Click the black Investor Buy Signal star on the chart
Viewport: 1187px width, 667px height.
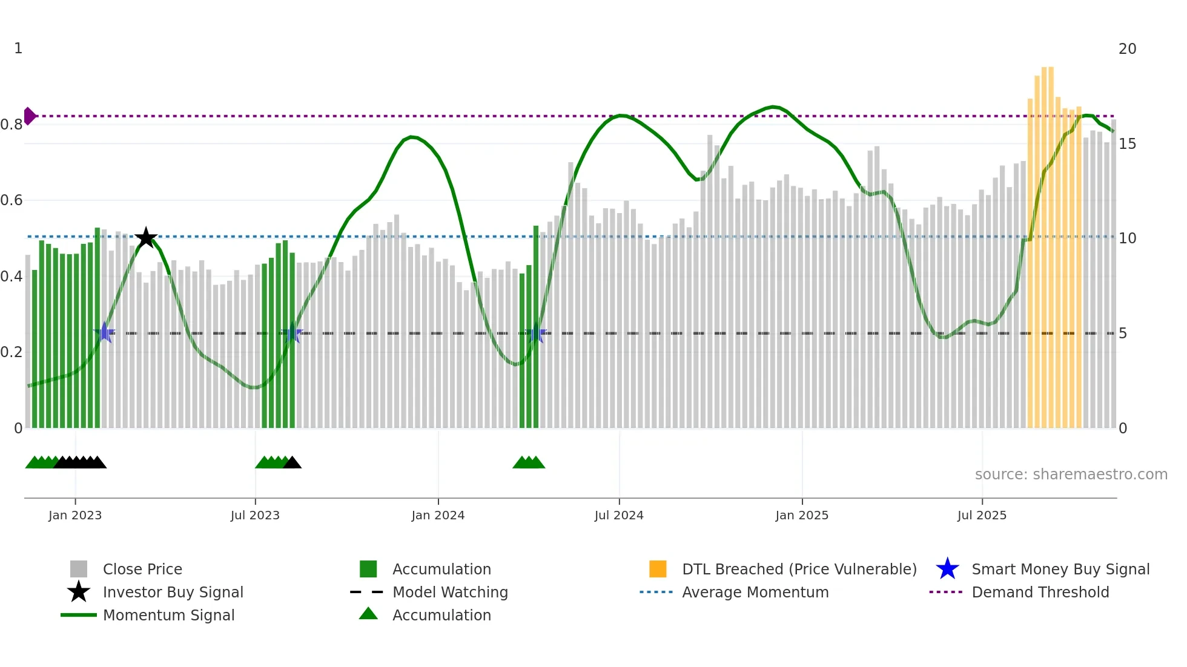(x=146, y=238)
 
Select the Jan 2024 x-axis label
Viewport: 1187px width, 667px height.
(x=438, y=516)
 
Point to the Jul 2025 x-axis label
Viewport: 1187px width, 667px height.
(x=982, y=516)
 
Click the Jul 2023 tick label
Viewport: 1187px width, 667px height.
(x=255, y=516)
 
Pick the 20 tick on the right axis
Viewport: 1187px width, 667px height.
(x=1127, y=49)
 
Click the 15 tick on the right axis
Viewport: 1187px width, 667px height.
(x=1127, y=144)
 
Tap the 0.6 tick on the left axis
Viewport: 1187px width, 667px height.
(x=12, y=200)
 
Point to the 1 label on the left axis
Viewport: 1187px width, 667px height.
(x=18, y=48)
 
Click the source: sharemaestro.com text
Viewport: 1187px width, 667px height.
(x=1071, y=475)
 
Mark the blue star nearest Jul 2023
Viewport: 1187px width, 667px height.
(x=292, y=333)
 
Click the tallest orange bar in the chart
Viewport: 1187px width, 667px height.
(x=1048, y=248)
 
